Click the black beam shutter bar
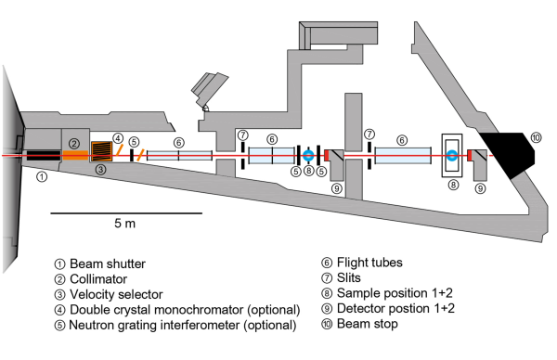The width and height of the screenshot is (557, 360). [44, 156]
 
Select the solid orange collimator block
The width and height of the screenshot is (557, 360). [75, 155]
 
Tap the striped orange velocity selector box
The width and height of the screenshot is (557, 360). [101, 151]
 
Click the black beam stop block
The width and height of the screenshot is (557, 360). [507, 155]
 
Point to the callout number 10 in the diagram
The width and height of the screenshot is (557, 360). [536, 137]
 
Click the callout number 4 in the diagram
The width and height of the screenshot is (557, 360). [118, 138]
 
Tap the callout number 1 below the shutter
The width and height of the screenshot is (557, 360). [42, 176]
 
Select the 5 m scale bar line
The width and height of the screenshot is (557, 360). [126, 213]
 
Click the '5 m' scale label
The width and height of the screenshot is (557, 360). [124, 224]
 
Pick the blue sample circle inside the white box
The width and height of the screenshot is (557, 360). [452, 155]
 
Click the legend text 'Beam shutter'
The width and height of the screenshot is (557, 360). [108, 264]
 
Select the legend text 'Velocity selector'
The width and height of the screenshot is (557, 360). [116, 294]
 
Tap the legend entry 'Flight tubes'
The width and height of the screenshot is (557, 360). [369, 263]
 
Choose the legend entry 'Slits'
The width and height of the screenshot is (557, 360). [348, 277]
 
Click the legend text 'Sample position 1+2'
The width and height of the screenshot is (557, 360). [395, 293]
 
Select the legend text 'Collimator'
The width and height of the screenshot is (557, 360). [98, 279]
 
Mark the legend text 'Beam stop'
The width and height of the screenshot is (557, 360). [368, 324]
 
